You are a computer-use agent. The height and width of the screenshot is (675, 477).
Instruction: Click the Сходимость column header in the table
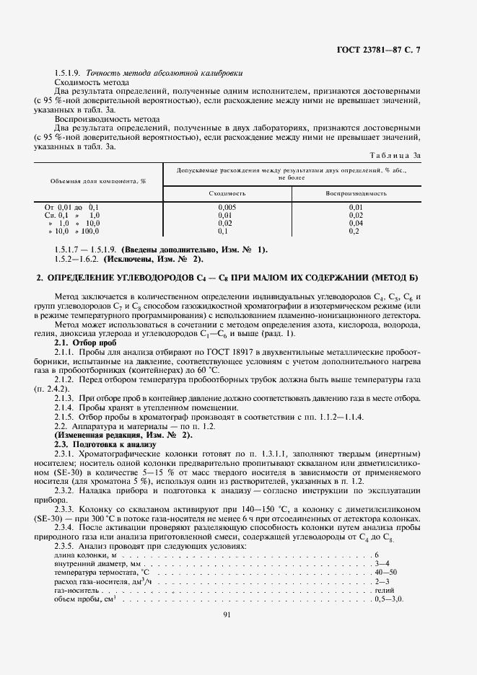[227, 193]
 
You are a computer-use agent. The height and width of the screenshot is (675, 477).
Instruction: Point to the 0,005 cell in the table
[227, 207]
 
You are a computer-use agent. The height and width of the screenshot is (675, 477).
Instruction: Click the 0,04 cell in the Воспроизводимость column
[355, 223]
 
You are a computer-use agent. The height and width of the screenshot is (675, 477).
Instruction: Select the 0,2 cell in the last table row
[355, 231]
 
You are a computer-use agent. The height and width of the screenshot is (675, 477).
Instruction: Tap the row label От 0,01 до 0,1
[71, 207]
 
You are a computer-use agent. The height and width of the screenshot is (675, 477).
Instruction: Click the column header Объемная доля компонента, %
[98, 182]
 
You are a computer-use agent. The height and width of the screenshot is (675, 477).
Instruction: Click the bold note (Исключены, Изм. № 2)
[153, 258]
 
